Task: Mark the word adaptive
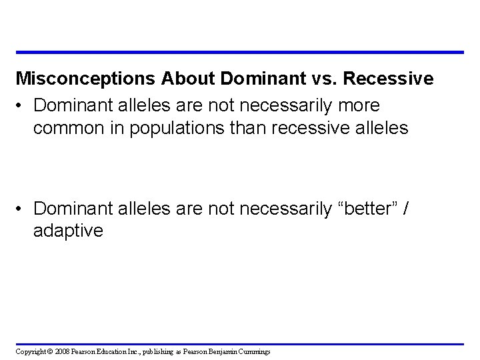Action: pyautogui.click(x=68, y=232)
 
